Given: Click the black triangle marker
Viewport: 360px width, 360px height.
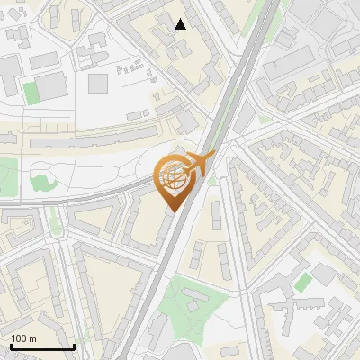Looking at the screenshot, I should [x=181, y=24].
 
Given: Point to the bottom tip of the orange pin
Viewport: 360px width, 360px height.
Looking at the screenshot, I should [x=171, y=212].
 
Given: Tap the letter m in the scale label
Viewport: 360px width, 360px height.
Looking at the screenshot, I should [x=33, y=338].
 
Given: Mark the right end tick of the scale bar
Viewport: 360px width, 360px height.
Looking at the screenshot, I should [x=74, y=346].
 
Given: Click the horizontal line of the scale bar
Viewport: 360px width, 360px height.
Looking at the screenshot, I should [x=41, y=347].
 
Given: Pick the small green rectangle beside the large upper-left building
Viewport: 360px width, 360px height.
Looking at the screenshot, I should [x=31, y=93].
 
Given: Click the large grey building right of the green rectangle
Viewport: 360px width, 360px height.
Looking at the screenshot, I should [x=52, y=86].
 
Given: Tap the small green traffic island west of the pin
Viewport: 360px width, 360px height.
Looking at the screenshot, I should [x=56, y=225].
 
